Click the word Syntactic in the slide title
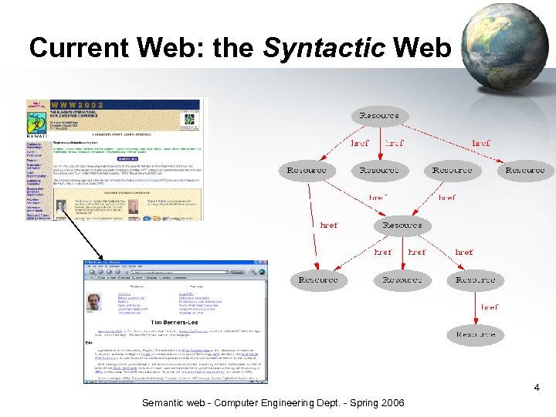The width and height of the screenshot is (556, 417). click(324, 48)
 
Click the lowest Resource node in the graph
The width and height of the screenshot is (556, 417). click(476, 334)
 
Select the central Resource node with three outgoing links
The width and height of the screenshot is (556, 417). click(402, 225)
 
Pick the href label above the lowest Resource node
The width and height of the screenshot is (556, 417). click(490, 307)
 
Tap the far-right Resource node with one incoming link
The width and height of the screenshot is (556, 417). click(525, 170)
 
